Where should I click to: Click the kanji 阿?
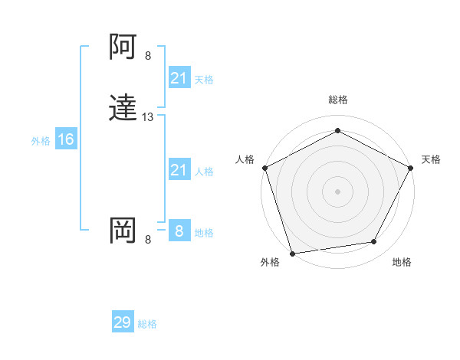(x=123, y=48)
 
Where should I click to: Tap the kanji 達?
(x=123, y=110)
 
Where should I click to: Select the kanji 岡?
(x=123, y=231)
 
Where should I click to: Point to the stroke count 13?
(x=148, y=117)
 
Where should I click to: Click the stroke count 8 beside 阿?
(x=148, y=56)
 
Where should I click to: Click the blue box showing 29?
(x=123, y=322)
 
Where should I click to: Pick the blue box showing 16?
(x=65, y=139)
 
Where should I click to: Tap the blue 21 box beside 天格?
(x=179, y=78)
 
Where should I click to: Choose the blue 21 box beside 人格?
(x=179, y=170)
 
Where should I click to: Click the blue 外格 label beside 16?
(x=41, y=141)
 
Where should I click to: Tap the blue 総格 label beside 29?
(x=147, y=324)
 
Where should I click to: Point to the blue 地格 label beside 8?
(x=204, y=233)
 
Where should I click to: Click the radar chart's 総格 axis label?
(x=337, y=100)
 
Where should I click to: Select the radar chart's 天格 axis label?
(x=431, y=159)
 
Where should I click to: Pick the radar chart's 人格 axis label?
(x=245, y=159)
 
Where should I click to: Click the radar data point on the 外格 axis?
(x=292, y=253)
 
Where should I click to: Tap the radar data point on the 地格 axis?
(x=374, y=242)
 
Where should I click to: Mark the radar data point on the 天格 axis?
(x=411, y=167)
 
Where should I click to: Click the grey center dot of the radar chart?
(x=337, y=191)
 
